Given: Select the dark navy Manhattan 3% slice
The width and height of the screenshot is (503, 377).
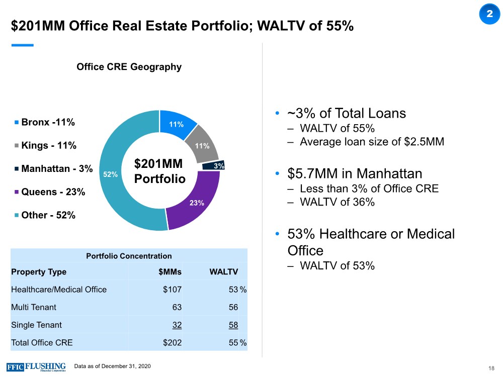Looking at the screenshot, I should pos(213,165).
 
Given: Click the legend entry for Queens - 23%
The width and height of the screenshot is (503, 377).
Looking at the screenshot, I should pos(49,192).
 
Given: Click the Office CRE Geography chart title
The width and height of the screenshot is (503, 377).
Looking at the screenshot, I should pos(129,67).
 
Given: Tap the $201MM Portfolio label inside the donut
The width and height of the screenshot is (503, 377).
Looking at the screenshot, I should pos(159,171).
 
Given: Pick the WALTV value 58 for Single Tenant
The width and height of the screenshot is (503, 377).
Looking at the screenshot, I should pos(233,325).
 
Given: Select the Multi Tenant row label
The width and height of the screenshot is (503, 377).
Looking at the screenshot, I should pos(34,307).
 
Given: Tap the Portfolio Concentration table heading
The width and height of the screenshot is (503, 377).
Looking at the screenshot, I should pos(129,256).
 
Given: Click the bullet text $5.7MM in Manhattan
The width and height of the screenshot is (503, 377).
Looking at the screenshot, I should pos(355,174).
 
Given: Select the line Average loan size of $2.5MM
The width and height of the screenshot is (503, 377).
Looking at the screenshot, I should pos(372,142).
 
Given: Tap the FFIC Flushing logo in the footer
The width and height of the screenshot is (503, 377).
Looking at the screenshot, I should pos(36,366).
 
